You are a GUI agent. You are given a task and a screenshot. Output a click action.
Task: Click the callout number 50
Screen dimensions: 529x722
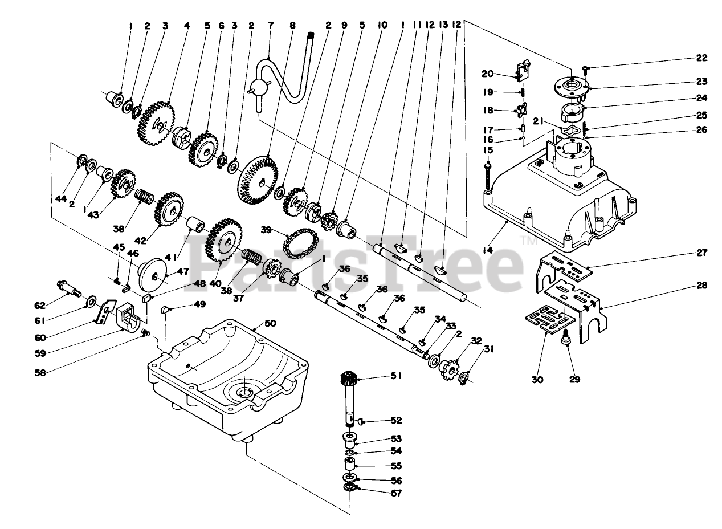point(270,323)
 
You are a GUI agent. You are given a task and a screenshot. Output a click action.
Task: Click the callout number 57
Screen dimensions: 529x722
point(396,493)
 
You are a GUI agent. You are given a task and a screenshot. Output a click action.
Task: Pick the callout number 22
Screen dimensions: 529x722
point(701,58)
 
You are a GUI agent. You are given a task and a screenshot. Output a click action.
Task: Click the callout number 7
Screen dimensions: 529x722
point(270,26)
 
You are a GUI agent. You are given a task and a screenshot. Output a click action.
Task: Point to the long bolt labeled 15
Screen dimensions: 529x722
point(489,177)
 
